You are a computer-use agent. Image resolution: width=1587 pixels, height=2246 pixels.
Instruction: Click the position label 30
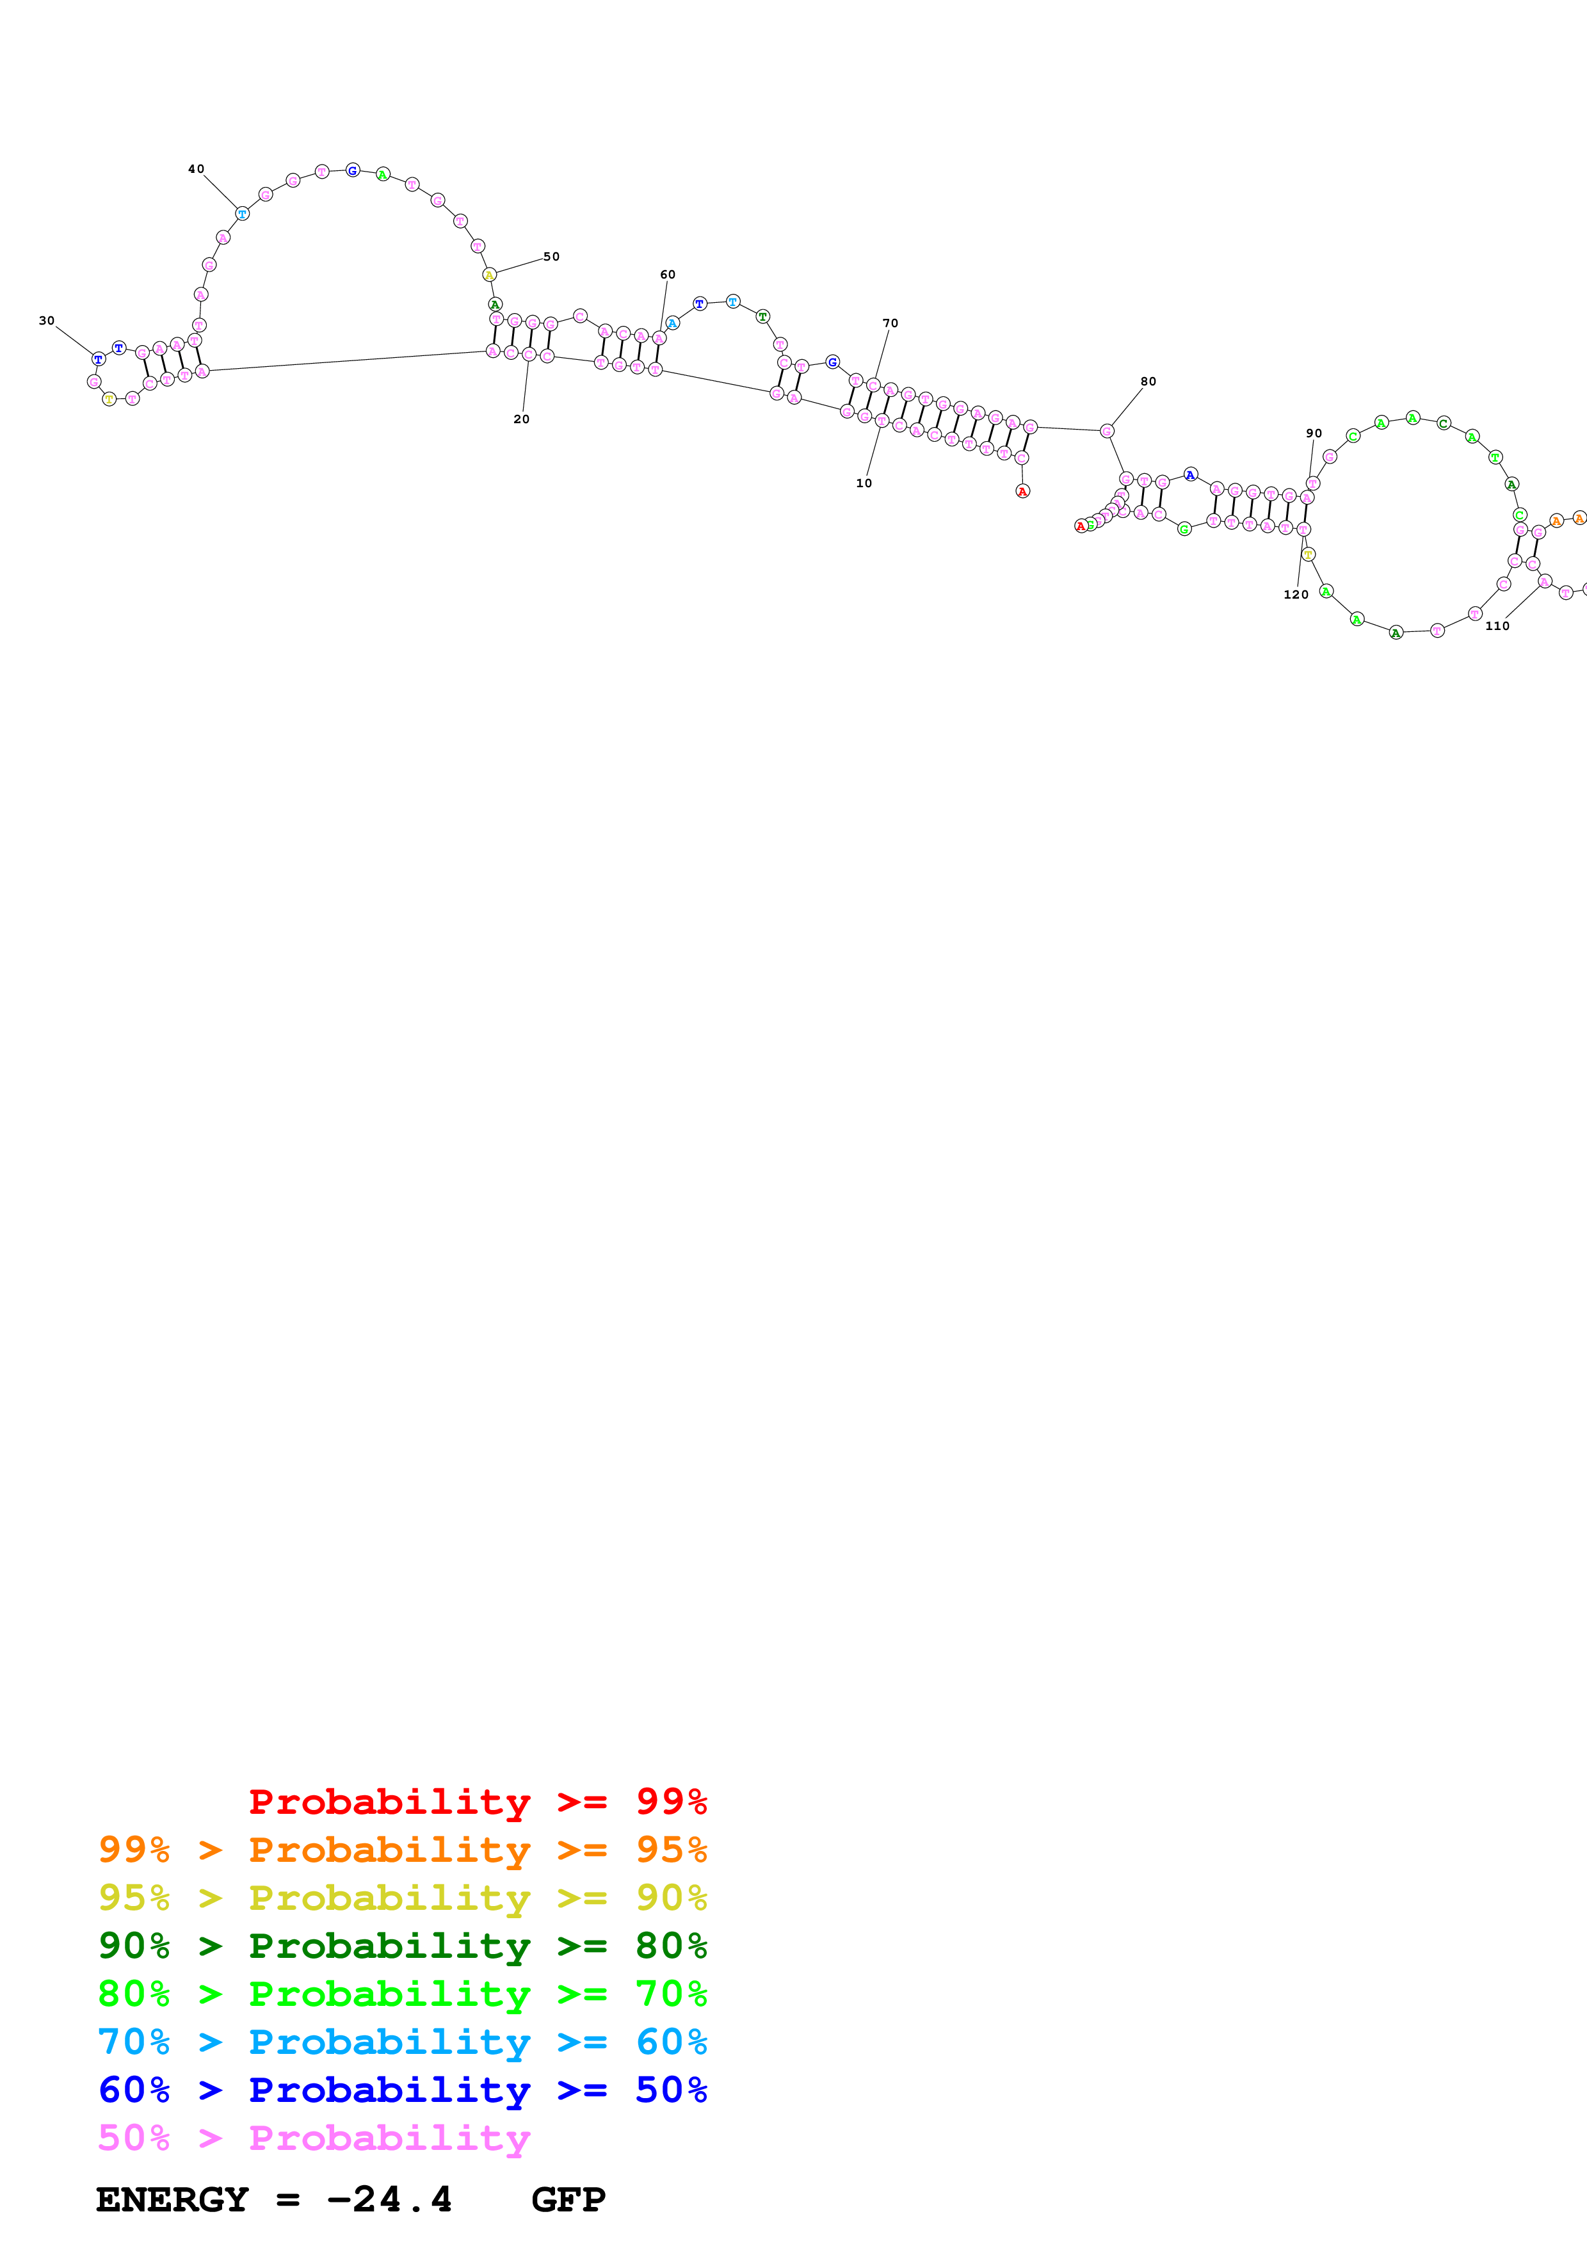[x=47, y=321]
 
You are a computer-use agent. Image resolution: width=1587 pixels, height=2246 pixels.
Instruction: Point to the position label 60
[x=668, y=275]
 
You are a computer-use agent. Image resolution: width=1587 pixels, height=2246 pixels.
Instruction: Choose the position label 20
[x=521, y=419]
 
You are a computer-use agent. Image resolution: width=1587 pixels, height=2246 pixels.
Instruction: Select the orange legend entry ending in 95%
[x=402, y=1849]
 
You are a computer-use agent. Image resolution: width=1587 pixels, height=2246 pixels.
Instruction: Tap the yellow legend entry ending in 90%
[x=402, y=1897]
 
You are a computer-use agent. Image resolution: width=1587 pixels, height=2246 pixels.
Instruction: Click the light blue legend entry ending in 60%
[x=402, y=2042]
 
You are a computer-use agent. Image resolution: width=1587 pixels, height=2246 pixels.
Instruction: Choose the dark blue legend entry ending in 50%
[x=402, y=2090]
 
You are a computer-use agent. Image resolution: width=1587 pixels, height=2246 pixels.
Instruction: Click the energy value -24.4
[x=389, y=2199]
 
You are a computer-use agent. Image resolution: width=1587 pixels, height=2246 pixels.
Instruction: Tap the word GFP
[x=568, y=2199]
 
